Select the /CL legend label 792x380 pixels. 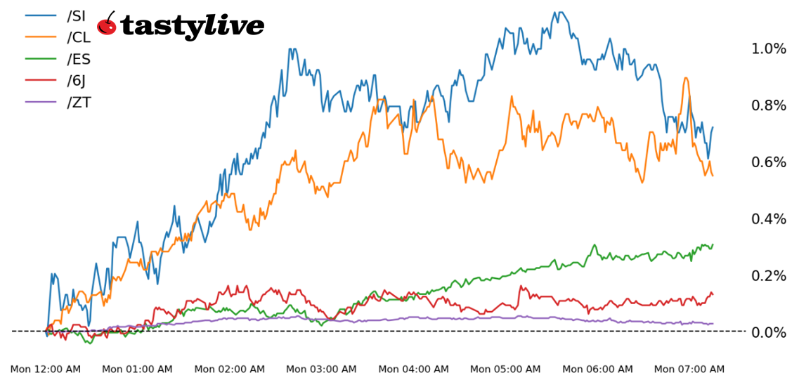pyautogui.click(x=79, y=37)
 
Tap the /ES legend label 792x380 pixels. pyautogui.click(x=79, y=58)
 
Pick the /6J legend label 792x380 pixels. pyautogui.click(x=77, y=80)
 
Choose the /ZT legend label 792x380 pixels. pyautogui.click(x=79, y=102)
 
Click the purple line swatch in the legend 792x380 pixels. pyautogui.click(x=40, y=102)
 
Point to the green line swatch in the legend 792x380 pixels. pyautogui.click(x=40, y=58)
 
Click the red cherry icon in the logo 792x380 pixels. pyautogui.click(x=106, y=25)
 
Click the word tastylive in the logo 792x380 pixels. pyautogui.click(x=192, y=27)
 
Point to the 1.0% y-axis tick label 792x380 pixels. pyautogui.click(x=769, y=48)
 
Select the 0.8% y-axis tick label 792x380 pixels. pyautogui.click(x=769, y=105)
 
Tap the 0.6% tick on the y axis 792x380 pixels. pyautogui.click(x=769, y=162)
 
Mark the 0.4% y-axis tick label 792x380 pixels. pyautogui.click(x=769, y=218)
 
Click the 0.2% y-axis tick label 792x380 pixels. pyautogui.click(x=769, y=275)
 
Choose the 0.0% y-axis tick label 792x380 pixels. pyautogui.click(x=769, y=332)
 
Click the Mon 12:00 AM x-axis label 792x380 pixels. pyautogui.click(x=45, y=369)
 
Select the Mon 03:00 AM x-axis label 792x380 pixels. pyautogui.click(x=321, y=369)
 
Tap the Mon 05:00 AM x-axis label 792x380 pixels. pyautogui.click(x=505, y=369)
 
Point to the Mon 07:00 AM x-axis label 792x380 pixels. pyautogui.click(x=689, y=369)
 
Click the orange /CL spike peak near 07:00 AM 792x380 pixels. pyautogui.click(x=685, y=78)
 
